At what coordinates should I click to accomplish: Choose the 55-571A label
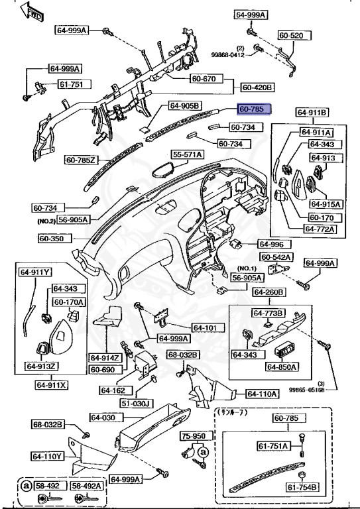[x=188, y=154]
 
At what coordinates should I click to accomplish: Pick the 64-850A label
[x=282, y=367]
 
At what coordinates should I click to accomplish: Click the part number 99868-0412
[x=227, y=54]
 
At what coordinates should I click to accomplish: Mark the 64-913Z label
[x=41, y=366]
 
